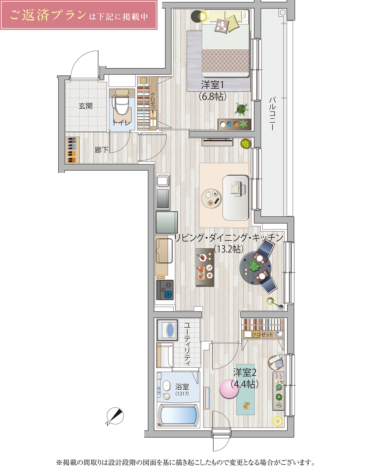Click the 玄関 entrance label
click(86, 106)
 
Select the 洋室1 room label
click(212, 85)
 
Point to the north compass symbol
click(115, 416)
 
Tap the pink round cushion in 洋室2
click(229, 389)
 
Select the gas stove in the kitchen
click(165, 290)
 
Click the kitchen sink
click(164, 251)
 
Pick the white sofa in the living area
click(235, 197)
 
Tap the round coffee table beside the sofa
click(211, 198)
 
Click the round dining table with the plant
click(255, 268)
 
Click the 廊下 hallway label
click(101, 150)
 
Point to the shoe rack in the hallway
click(72, 150)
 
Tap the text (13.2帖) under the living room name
click(228, 249)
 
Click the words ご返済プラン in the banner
click(48, 15)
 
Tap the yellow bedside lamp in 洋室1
click(202, 16)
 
